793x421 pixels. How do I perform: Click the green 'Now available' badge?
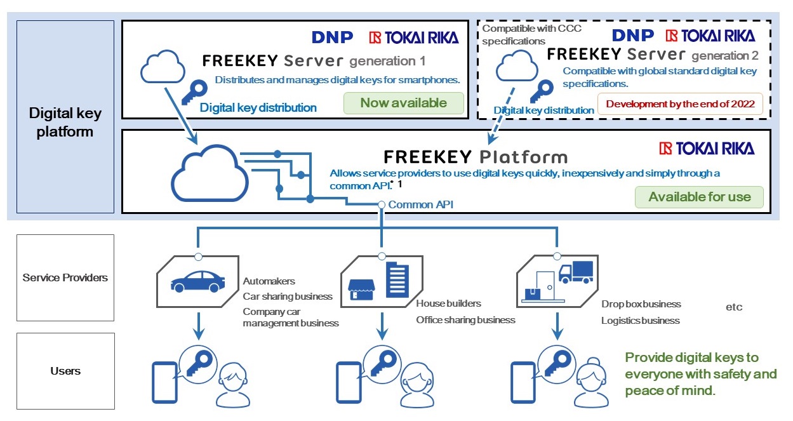point(403,103)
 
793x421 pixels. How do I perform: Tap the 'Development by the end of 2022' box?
point(680,104)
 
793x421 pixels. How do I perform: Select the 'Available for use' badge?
point(699,197)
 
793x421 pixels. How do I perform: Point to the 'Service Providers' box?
point(65,277)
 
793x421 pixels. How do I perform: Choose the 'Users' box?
point(65,371)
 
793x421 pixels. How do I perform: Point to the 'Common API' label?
point(420,204)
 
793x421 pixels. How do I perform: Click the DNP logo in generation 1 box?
point(332,37)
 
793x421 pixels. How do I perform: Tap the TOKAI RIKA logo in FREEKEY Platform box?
point(707,149)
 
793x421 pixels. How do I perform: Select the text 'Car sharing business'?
point(288,296)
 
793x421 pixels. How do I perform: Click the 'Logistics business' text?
point(640,321)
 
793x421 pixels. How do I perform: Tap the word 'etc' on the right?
point(733,307)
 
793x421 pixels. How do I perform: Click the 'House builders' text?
point(448,304)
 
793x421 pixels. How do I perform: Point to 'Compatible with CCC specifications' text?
point(531,34)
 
